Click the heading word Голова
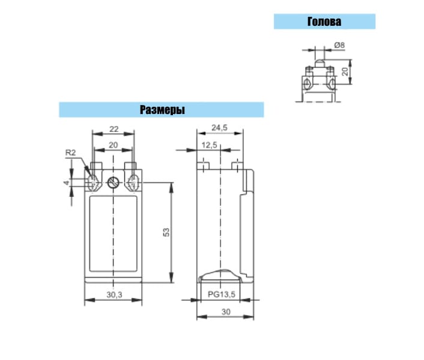(324, 22)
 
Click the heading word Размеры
(162, 110)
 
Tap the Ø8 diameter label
(339, 45)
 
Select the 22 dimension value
(114, 129)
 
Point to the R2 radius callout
(71, 152)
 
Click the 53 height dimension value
(166, 233)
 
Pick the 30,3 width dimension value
(114, 295)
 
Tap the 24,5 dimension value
(219, 127)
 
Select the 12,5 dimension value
(209, 145)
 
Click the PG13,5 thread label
(222, 294)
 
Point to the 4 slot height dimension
(67, 183)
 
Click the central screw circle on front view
(114, 183)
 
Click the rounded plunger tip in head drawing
(320, 64)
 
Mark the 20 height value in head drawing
(345, 71)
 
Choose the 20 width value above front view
(114, 145)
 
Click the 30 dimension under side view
(226, 312)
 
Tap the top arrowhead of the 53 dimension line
(171, 187)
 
